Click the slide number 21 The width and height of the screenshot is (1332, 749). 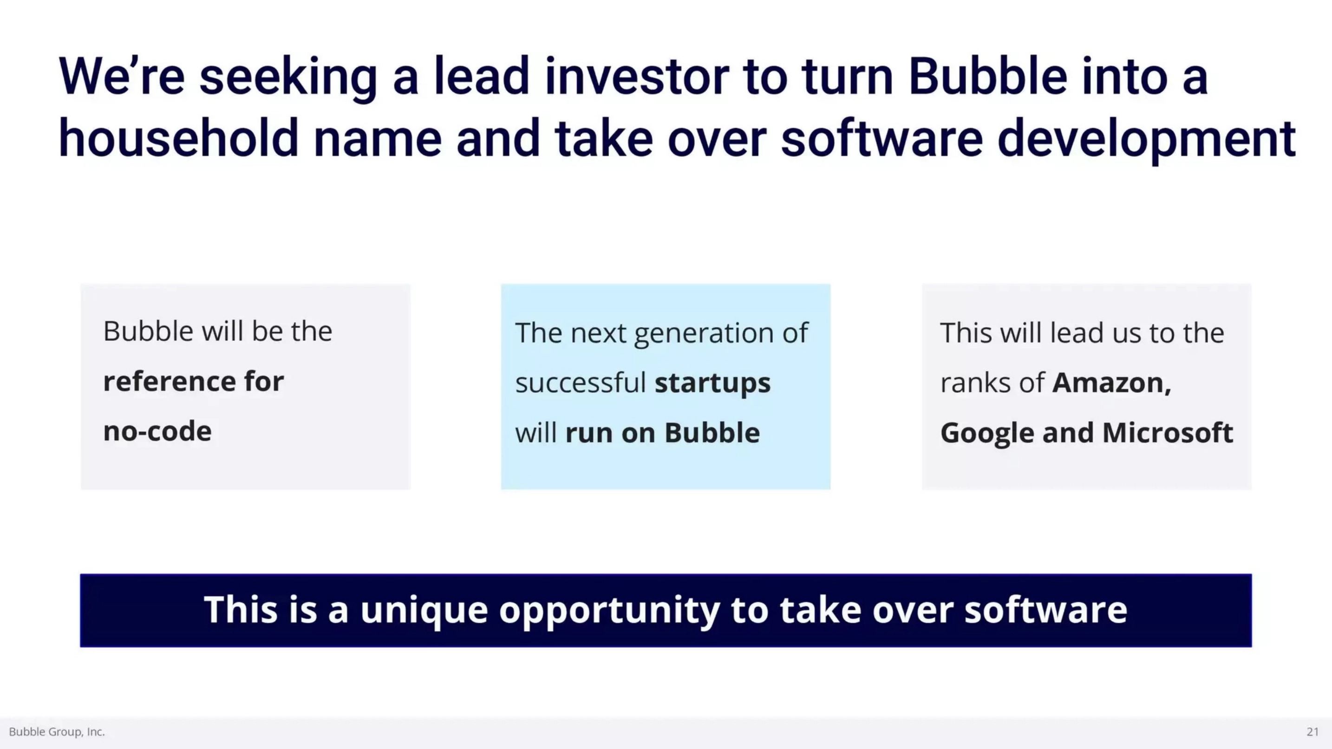point(1312,731)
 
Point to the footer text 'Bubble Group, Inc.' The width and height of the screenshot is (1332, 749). point(57,732)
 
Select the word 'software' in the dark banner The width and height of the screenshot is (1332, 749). point(1045,610)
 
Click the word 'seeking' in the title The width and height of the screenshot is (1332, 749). point(288,78)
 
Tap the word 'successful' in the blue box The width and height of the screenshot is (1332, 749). point(580,383)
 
